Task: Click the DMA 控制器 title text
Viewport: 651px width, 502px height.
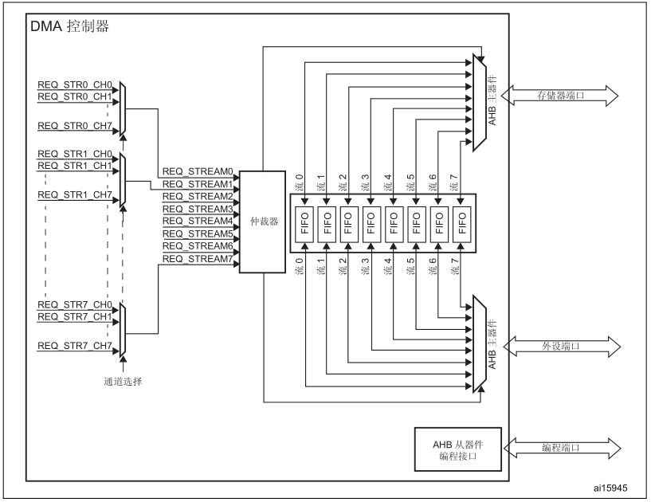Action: [x=69, y=26]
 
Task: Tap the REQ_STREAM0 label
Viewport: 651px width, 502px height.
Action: [x=197, y=171]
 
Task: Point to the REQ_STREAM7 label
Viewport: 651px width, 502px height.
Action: [x=197, y=259]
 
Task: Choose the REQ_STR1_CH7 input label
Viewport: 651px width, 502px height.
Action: [x=75, y=194]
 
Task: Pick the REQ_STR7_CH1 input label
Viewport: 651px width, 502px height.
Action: [x=75, y=316]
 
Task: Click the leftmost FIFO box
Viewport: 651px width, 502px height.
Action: [x=304, y=222]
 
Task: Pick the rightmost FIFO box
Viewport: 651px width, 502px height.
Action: [x=461, y=222]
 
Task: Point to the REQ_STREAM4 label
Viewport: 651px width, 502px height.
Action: [x=197, y=222]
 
